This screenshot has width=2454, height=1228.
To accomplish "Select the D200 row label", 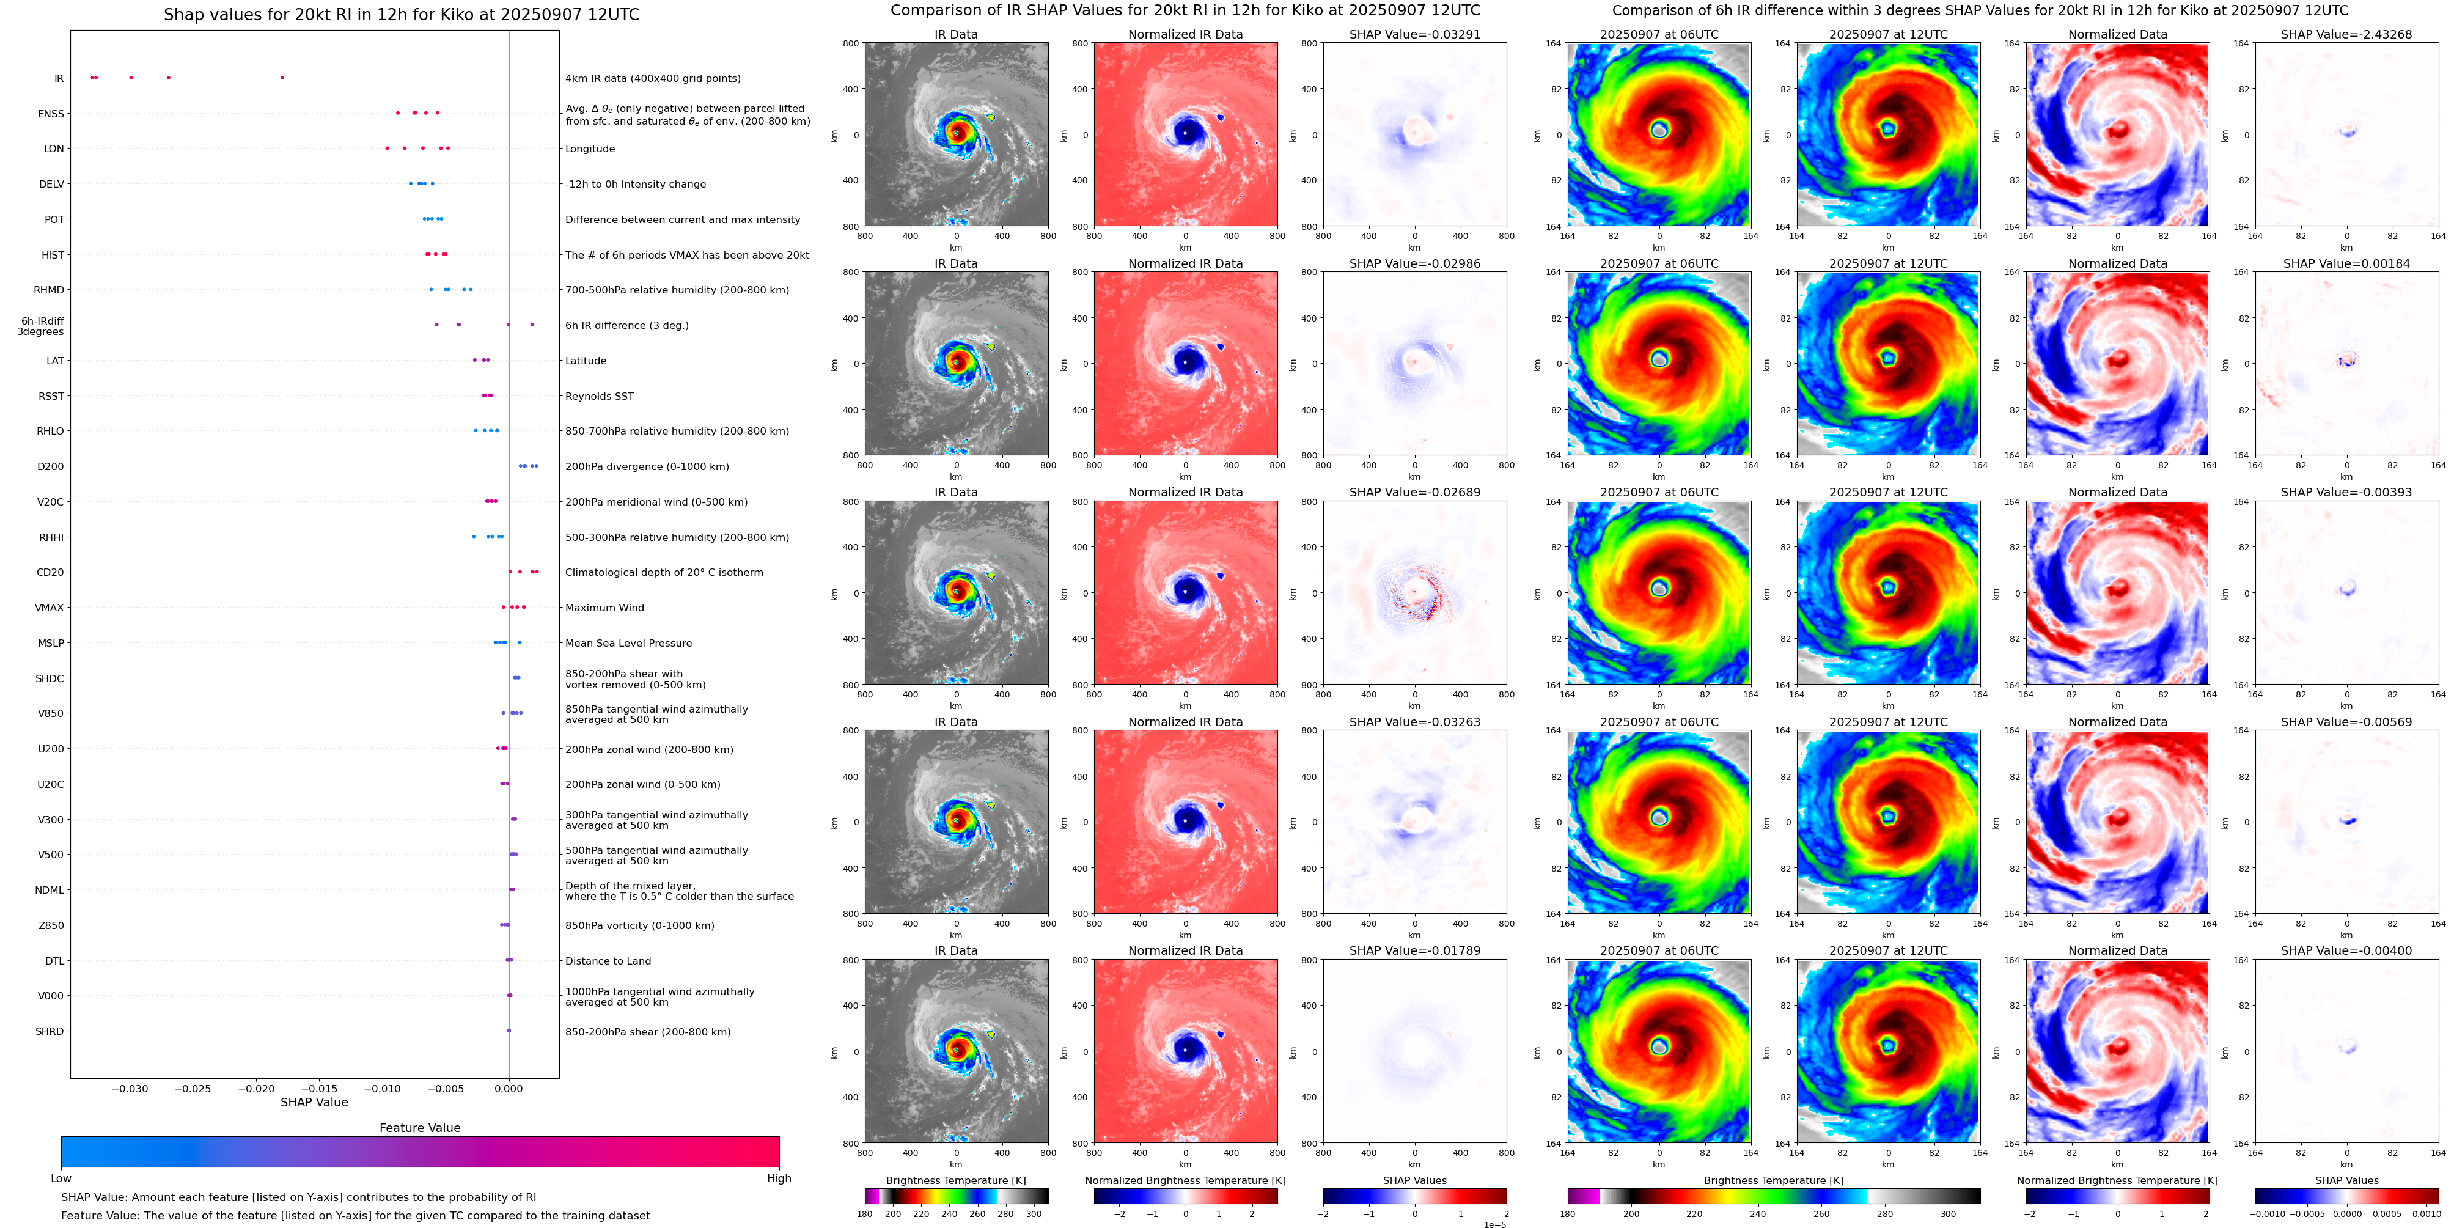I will click(x=51, y=467).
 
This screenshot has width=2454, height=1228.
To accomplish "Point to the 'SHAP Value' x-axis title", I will click(x=314, y=1102).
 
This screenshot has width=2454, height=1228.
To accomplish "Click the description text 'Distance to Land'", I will click(x=608, y=961).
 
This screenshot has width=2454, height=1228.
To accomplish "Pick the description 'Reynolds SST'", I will click(x=599, y=396).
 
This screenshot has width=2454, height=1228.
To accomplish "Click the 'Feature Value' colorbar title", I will click(x=419, y=1128).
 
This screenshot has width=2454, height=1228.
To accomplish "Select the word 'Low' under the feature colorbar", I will click(x=61, y=1178).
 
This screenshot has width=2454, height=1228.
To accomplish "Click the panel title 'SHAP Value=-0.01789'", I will click(x=1415, y=950).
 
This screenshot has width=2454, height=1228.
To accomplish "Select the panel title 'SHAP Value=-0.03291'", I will click(x=1415, y=34).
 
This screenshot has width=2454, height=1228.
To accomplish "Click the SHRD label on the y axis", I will click(x=50, y=1032).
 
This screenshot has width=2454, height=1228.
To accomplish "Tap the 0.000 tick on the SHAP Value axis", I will click(x=509, y=1088).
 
